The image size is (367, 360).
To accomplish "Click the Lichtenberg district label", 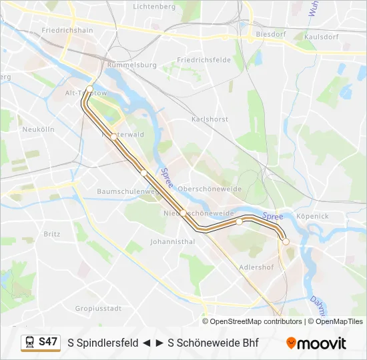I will click(x=154, y=6).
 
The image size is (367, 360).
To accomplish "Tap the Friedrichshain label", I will click(x=67, y=31).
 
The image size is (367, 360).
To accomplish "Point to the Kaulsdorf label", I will click(x=318, y=37).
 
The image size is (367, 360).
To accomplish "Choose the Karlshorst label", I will click(x=210, y=119).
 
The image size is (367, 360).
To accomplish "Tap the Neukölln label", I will click(x=38, y=129).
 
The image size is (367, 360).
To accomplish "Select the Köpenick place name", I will click(x=312, y=216).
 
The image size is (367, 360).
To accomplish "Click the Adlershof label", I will click(x=256, y=267).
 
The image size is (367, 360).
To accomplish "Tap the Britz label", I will click(x=51, y=234).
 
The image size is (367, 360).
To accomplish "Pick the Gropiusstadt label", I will click(x=98, y=309).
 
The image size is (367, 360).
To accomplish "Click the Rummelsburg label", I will click(x=132, y=65).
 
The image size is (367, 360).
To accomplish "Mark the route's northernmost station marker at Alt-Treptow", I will click(x=89, y=88).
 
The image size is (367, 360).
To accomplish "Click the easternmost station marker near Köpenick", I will click(x=286, y=242).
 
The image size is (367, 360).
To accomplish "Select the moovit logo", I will click(x=316, y=343).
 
